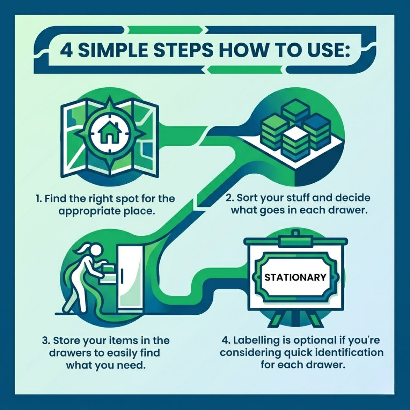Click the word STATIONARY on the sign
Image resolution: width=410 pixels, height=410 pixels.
(x=295, y=277)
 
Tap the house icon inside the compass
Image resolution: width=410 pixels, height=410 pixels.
(x=109, y=133)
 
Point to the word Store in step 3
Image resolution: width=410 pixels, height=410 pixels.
(x=66, y=341)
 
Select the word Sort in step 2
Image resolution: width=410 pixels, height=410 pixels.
(x=247, y=198)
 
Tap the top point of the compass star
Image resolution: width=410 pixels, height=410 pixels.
(x=110, y=96)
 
